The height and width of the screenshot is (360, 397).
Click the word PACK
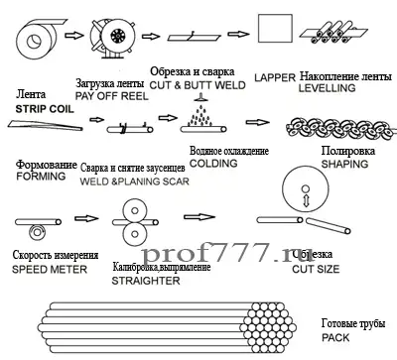337,338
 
